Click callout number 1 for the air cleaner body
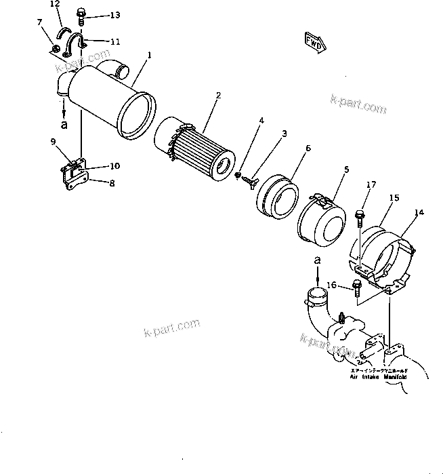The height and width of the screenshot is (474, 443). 150,54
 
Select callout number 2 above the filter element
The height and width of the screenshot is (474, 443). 218,96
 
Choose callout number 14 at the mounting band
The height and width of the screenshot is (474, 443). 419,213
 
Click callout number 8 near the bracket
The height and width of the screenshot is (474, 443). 111,182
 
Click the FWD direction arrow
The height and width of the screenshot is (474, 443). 315,42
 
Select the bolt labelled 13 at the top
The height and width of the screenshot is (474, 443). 81,14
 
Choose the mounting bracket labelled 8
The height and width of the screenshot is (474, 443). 72,178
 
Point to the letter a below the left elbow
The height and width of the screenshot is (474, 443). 64,125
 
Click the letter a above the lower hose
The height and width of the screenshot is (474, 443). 316,260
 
